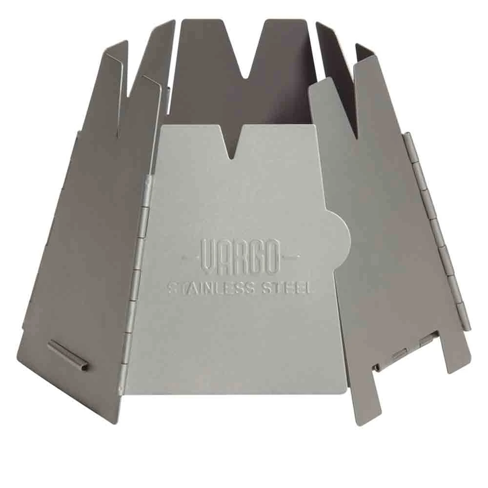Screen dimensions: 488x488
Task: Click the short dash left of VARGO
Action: coord(190,257)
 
